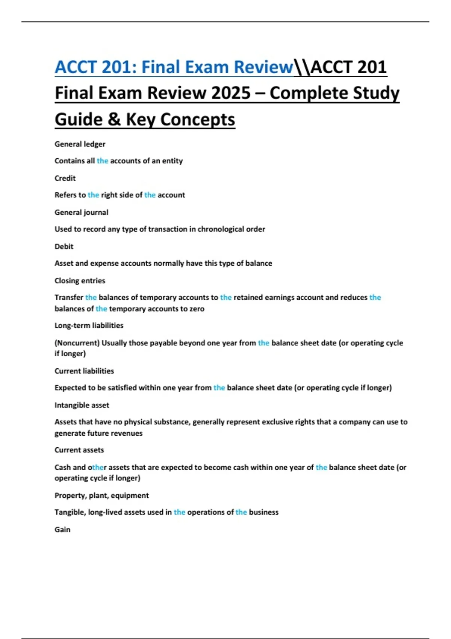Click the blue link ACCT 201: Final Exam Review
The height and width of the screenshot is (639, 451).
point(174,67)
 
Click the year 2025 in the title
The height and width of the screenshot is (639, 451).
point(231,93)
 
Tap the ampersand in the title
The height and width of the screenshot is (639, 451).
point(114,120)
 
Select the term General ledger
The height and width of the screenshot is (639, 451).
point(80,144)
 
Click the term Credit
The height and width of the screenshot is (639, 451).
point(65,178)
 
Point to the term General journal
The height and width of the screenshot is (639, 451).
point(81,212)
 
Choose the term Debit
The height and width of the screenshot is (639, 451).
point(64,247)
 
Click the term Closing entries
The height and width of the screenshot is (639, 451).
point(80,281)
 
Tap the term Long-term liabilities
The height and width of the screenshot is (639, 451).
point(89,326)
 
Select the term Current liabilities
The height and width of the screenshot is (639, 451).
point(84,371)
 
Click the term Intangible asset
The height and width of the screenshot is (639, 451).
point(82,405)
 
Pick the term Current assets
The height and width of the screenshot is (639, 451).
point(79,450)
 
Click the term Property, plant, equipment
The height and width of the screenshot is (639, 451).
point(101,495)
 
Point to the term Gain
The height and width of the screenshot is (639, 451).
point(62,530)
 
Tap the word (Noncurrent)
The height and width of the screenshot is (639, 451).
point(77,343)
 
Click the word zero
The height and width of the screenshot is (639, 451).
point(197,309)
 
